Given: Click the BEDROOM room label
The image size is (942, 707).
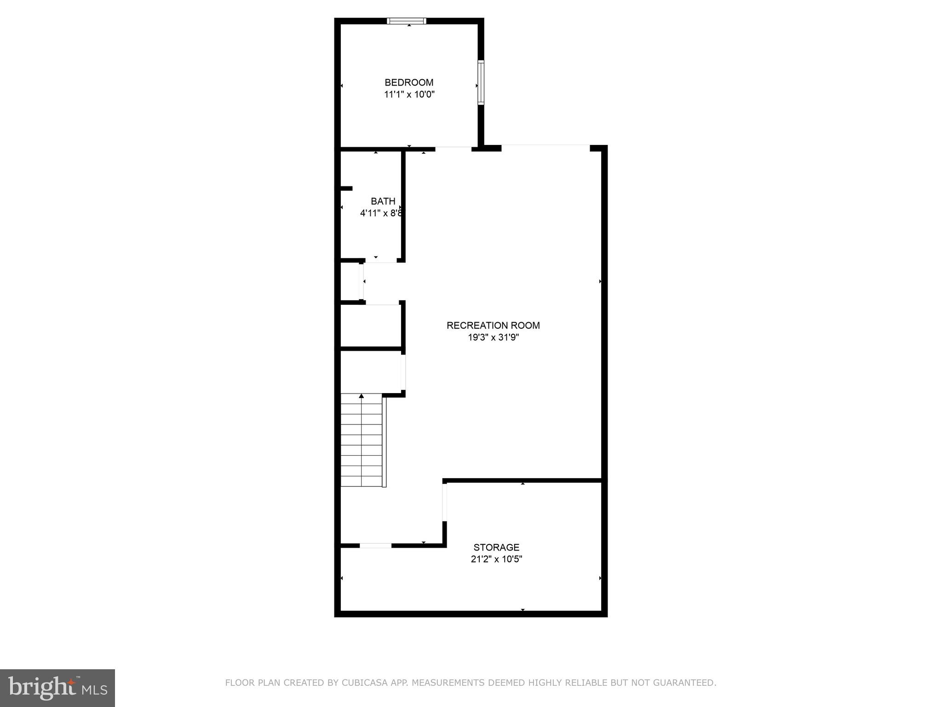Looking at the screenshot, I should click(409, 82).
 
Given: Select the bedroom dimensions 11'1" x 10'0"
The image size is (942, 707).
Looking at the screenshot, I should click(409, 95).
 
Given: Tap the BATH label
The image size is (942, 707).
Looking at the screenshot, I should click(383, 201).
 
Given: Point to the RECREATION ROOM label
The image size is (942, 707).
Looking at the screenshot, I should click(493, 325).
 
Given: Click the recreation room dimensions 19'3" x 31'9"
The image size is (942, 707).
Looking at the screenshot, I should click(493, 337).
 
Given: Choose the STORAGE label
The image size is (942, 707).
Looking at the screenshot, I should click(496, 547).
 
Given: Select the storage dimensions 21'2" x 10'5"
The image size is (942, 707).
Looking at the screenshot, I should click(496, 559).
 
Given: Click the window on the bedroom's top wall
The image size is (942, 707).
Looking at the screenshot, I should click(407, 21).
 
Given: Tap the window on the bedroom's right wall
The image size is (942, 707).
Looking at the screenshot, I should click(481, 82).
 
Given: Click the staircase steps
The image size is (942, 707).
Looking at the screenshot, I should click(362, 442).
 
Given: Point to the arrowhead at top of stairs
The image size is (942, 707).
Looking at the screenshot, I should click(362, 396).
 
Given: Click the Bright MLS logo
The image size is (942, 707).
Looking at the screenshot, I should click(57, 688).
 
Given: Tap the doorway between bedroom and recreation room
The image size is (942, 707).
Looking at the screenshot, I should click(454, 149).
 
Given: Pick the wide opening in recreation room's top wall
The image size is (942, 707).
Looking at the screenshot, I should click(546, 147).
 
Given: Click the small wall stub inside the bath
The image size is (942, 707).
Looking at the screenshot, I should click(346, 188).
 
